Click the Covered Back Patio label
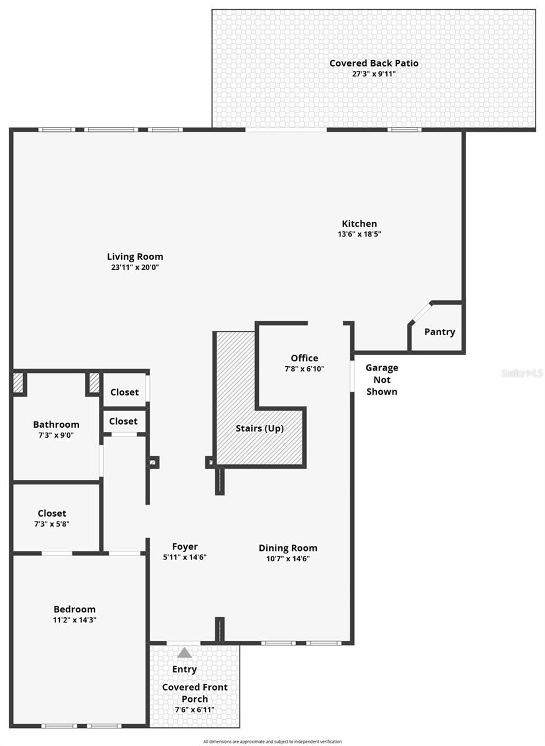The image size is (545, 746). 373,63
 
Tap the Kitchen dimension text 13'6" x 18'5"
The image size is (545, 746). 359,234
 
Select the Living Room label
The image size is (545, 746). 135,256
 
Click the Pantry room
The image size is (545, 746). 439,332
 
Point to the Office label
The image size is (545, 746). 304,358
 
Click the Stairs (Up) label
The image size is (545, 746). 259,428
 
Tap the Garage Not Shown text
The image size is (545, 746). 381,379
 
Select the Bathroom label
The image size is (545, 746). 56,425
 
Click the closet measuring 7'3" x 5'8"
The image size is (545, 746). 52,518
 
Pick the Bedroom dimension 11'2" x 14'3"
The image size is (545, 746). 75,620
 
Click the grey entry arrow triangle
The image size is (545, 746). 184,653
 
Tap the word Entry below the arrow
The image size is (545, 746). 184,670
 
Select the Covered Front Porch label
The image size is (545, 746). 195,693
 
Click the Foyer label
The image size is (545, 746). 185,547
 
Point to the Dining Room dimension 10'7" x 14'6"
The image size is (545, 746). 287,558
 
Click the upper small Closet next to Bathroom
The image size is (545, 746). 124,392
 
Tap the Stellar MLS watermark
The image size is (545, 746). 521,373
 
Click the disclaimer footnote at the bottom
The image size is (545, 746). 272,741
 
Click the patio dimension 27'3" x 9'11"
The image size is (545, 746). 373,73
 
